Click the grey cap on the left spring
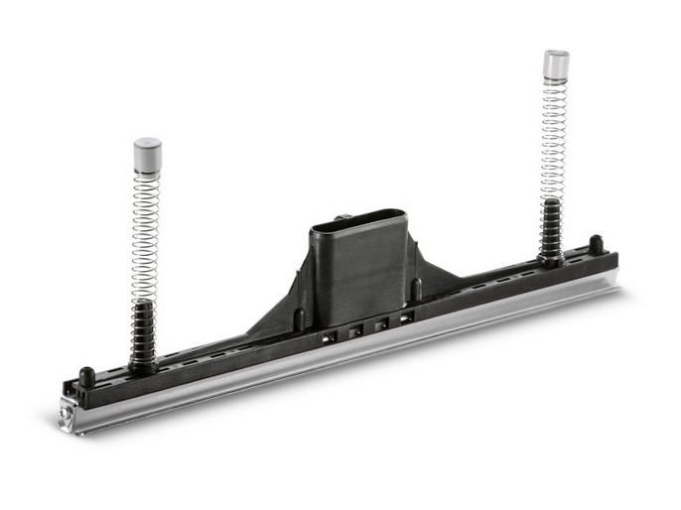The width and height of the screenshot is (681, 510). [x=147, y=154]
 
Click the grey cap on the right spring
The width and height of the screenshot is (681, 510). [x=556, y=64]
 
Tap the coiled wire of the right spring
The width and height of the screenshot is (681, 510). [x=553, y=139]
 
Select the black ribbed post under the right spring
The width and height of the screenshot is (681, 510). [x=550, y=230]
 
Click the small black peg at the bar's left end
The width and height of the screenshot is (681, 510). [x=86, y=376]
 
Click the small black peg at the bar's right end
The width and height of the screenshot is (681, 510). [x=596, y=242]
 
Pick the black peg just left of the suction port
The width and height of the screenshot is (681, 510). [x=299, y=319]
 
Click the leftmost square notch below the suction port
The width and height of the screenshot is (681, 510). [x=331, y=335]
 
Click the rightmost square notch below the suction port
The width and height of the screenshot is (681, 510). [x=406, y=318]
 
